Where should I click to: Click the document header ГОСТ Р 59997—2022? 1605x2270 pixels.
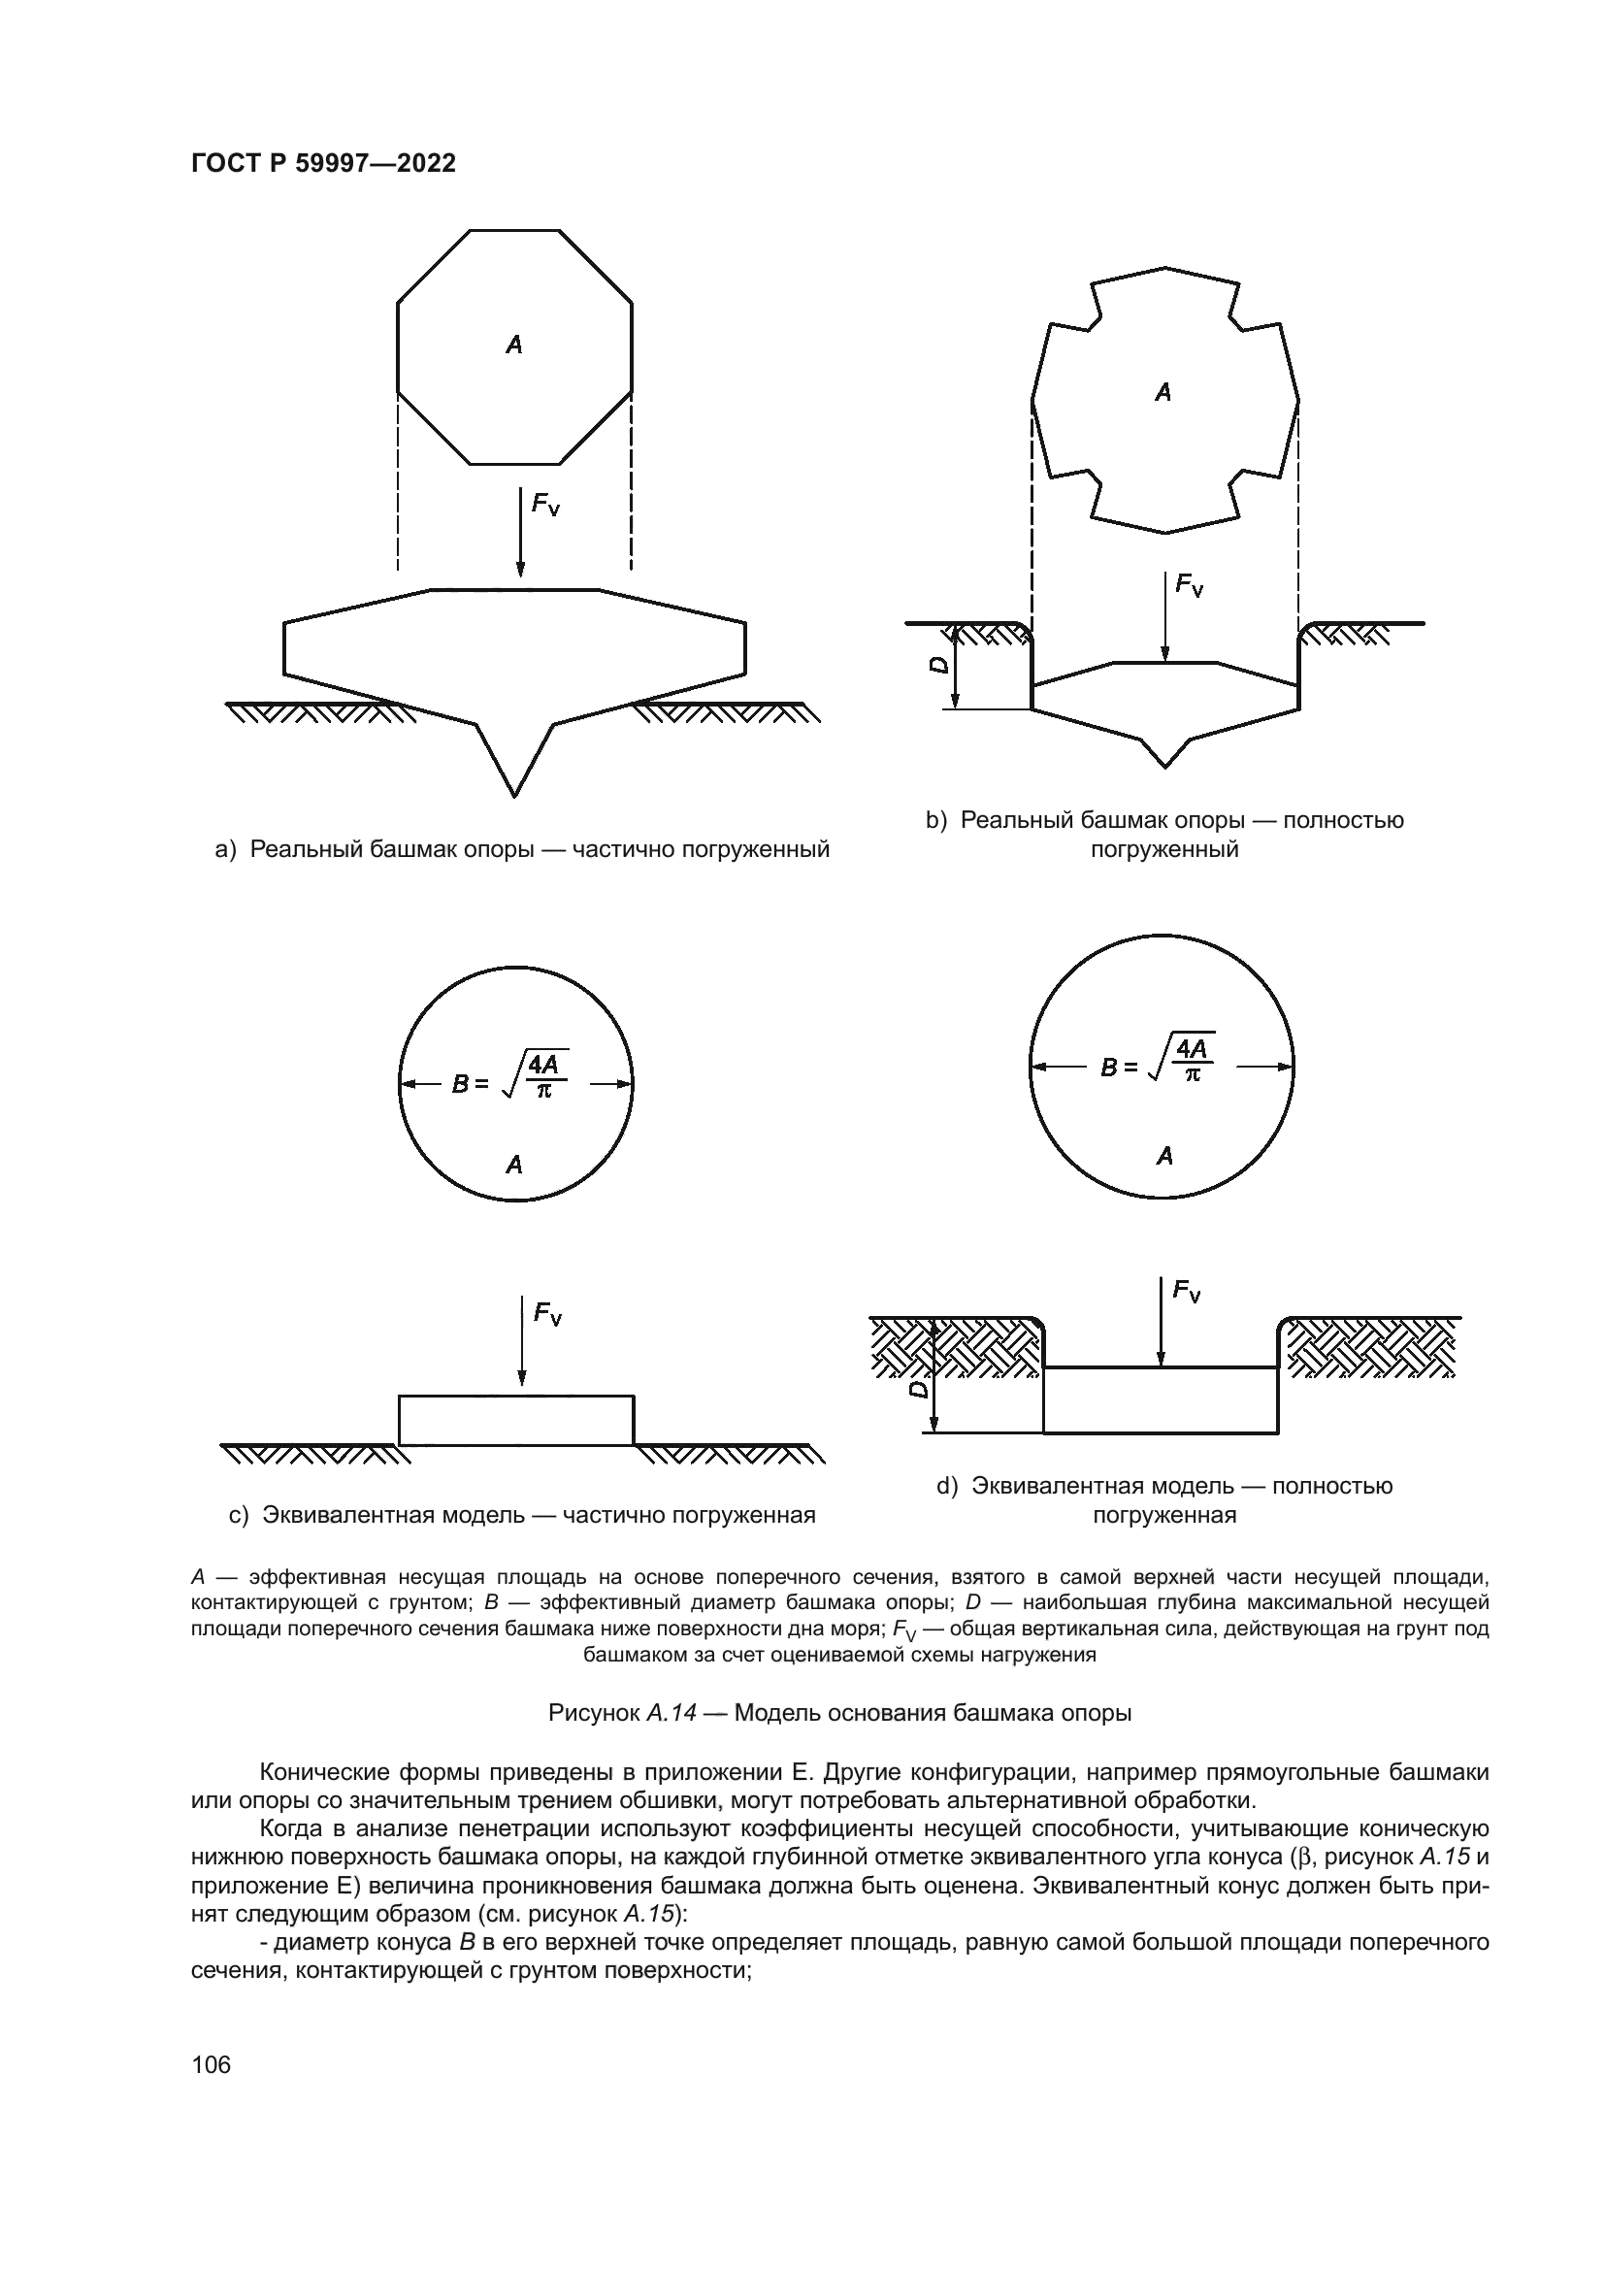[323, 164]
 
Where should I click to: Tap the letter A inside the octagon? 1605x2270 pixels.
[514, 345]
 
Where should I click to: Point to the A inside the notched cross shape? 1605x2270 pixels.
[1163, 392]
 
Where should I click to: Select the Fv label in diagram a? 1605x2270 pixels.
[545, 505]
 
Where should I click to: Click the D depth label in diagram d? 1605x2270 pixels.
[919, 1389]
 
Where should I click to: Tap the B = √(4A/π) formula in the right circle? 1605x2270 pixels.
[1158, 1062]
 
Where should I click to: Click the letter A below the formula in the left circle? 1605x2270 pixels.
[514, 1166]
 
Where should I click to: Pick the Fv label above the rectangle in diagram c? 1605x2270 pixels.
[547, 1313]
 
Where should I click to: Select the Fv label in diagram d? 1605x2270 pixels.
[1187, 1290]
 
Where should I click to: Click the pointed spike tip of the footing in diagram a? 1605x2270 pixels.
[514, 792]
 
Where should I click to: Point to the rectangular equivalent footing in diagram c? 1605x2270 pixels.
[516, 1420]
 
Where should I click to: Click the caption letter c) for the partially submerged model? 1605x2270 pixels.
[238, 1516]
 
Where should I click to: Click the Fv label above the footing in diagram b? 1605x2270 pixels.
[1189, 585]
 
